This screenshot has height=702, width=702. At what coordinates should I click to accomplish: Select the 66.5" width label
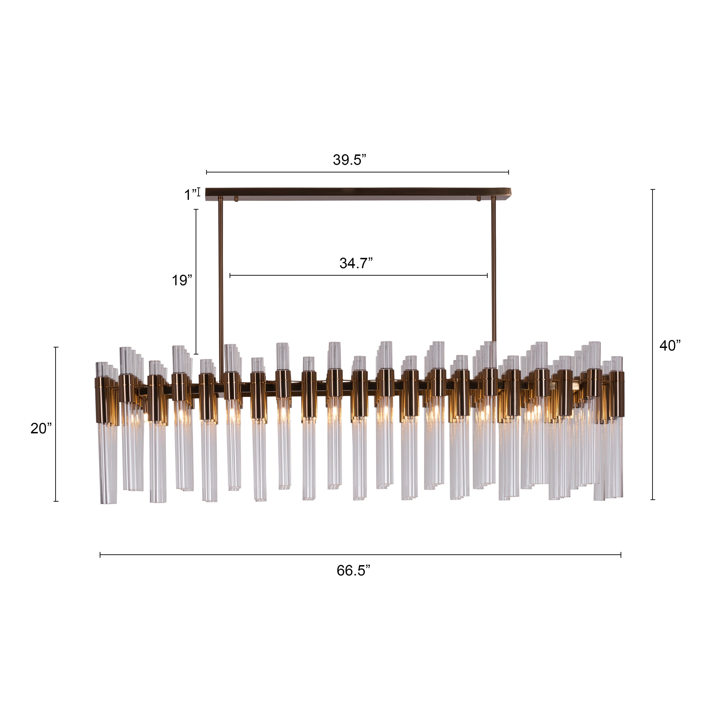[x=353, y=570]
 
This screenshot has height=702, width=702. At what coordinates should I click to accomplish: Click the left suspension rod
[x=221, y=283]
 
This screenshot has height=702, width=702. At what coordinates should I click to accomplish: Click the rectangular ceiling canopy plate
[x=358, y=193]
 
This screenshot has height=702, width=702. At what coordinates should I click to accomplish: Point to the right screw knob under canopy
[x=479, y=199]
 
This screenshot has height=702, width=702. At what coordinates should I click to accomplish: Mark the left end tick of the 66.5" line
[x=100, y=555]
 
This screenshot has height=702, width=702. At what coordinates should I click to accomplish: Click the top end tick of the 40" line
[x=653, y=190]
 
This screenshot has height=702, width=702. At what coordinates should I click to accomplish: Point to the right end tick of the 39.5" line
[x=508, y=172]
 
